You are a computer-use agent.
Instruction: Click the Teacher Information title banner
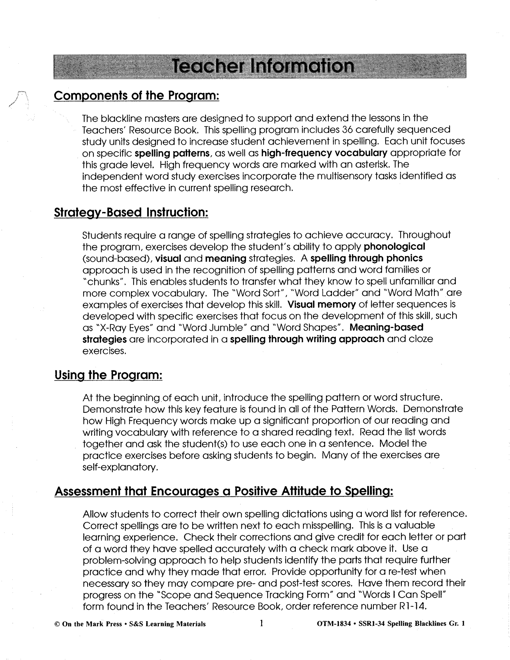[260, 66]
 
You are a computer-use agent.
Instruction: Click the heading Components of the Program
[136, 96]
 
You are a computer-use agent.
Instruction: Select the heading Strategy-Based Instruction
[131, 212]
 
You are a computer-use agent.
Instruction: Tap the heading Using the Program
[109, 375]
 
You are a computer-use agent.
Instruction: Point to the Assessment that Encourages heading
[224, 491]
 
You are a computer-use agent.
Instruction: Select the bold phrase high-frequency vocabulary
[324, 153]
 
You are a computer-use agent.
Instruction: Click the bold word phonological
[394, 247]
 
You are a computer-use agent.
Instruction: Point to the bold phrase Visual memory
[321, 304]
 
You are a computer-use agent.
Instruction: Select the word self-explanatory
[120, 467]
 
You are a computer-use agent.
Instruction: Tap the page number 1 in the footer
[261, 623]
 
